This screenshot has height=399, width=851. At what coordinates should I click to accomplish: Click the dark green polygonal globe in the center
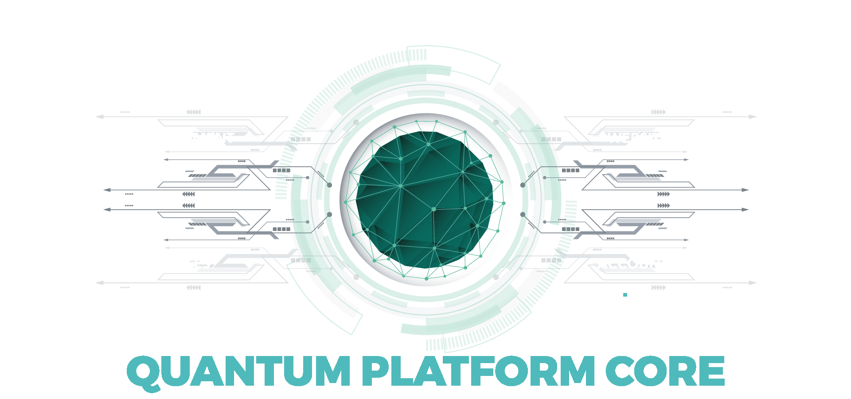(425, 199)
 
